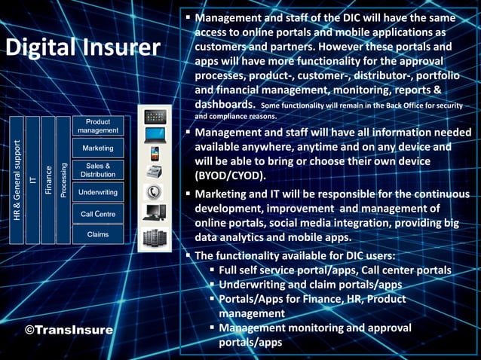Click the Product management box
[x=98, y=126]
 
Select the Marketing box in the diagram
[x=98, y=148]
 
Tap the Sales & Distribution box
[x=98, y=170]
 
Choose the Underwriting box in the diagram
[x=98, y=192]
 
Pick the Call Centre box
[x=98, y=214]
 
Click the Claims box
[x=98, y=234]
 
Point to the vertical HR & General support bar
[x=17, y=180]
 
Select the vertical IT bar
[x=32, y=180]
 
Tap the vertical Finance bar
[x=48, y=180]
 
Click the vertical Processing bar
[x=63, y=180]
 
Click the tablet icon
[x=155, y=117]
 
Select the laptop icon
[x=155, y=136]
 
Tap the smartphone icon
[x=155, y=154]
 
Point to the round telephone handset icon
[x=155, y=191]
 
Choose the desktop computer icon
[x=155, y=213]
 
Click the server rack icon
[x=155, y=237]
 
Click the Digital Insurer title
[x=83, y=47]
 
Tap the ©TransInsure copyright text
[x=69, y=330]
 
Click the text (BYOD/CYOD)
[x=228, y=175]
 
